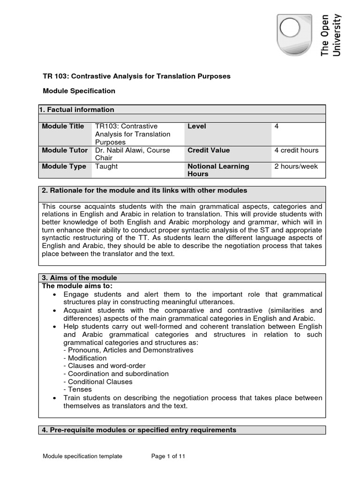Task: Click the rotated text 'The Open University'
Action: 331,35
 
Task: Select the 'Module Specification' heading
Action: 78,91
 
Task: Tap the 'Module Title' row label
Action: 63,127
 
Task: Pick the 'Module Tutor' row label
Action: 65,150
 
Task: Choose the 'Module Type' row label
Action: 64,166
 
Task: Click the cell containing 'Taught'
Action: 106,166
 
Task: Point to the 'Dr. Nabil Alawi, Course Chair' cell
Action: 132,154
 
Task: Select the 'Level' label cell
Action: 197,127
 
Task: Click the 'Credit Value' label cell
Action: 209,150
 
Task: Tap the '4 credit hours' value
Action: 296,150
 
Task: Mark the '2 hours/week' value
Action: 296,166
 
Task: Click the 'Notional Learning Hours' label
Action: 218,170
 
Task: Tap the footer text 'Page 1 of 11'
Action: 168,456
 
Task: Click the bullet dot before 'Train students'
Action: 55,398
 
